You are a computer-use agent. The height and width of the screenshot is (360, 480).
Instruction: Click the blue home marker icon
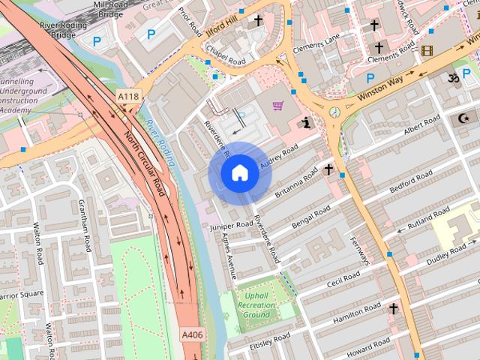(x=240, y=173)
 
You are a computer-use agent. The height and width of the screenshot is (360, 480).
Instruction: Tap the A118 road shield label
(x=128, y=97)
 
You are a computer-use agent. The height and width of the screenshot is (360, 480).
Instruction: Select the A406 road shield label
(x=192, y=335)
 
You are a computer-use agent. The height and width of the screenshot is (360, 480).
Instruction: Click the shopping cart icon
(x=277, y=107)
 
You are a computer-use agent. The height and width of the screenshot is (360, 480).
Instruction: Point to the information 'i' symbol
(x=305, y=122)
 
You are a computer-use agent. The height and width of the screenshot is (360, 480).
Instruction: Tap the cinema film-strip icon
(x=427, y=50)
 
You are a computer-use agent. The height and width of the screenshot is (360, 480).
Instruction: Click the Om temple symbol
(x=454, y=78)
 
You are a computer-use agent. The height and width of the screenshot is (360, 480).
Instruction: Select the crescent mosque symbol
(x=463, y=118)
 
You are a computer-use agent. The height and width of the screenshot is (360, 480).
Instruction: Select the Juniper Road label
(x=232, y=225)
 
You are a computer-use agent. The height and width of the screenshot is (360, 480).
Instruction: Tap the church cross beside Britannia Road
(x=328, y=169)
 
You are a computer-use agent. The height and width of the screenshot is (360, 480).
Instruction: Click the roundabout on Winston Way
(x=334, y=112)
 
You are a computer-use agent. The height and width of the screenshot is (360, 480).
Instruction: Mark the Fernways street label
(x=361, y=250)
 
